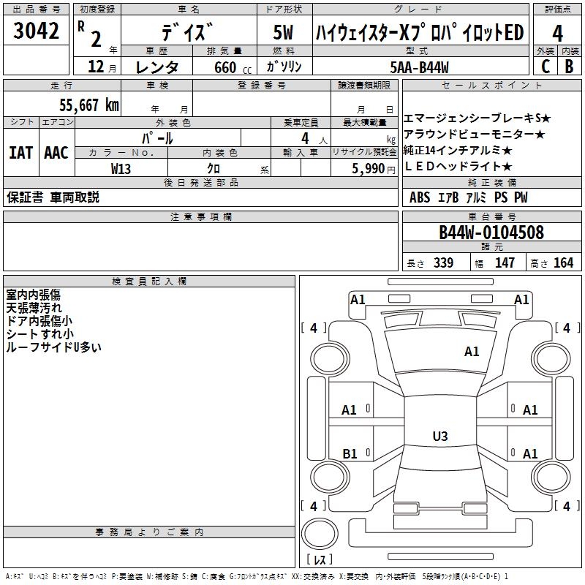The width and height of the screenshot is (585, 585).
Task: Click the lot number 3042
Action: (x=36, y=31)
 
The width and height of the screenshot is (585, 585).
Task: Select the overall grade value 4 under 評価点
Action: (x=557, y=34)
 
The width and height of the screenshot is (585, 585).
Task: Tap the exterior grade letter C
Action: (x=546, y=67)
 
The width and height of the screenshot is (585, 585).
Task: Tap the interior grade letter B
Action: (x=569, y=67)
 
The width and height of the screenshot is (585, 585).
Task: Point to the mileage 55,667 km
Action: (x=89, y=105)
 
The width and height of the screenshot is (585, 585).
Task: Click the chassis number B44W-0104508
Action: (x=491, y=233)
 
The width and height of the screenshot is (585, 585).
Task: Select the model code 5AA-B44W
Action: (x=419, y=67)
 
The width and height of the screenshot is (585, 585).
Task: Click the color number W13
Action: (x=121, y=169)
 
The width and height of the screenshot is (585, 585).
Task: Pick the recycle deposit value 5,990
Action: (x=369, y=169)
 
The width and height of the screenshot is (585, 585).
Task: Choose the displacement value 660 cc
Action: (x=233, y=67)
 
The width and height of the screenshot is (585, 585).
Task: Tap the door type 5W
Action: (x=283, y=32)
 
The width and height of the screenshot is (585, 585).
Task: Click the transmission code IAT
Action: (x=21, y=153)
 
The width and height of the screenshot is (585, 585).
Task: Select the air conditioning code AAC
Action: (x=56, y=153)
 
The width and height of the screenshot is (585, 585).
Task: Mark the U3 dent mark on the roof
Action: (x=440, y=436)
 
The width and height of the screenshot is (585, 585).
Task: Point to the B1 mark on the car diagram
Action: (x=350, y=453)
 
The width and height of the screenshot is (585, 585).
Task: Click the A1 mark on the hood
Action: (x=472, y=352)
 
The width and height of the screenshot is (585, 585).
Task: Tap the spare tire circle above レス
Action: (x=320, y=533)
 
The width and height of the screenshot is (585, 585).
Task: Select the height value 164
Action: (x=563, y=263)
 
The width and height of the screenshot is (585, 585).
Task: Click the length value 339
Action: (x=444, y=263)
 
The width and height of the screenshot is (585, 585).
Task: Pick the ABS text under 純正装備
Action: (x=420, y=197)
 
